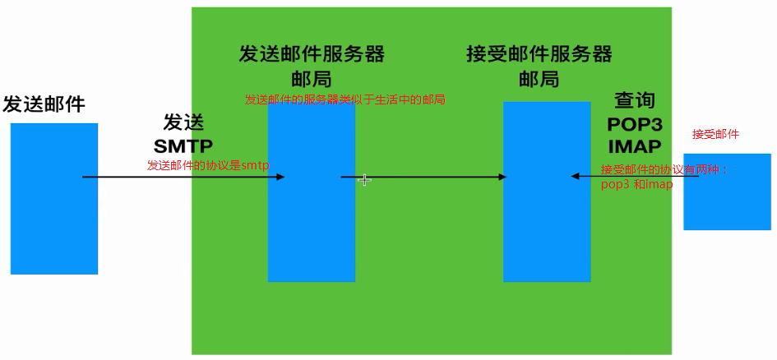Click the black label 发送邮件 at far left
tap(44, 104)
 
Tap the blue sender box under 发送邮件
tap(54, 198)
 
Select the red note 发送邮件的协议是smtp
tap(208, 165)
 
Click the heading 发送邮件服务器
tap(312, 54)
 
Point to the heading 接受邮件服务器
tap(539, 54)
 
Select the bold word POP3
tap(634, 124)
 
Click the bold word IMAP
tap(634, 147)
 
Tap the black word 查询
tap(635, 101)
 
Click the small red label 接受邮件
tap(715, 134)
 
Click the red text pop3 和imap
tap(636, 185)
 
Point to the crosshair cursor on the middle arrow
tap(364, 179)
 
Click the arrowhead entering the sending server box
tap(280, 177)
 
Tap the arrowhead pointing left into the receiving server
tap(576, 176)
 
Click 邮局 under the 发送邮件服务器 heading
tap(312, 79)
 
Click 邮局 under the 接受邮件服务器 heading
tap(539, 79)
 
